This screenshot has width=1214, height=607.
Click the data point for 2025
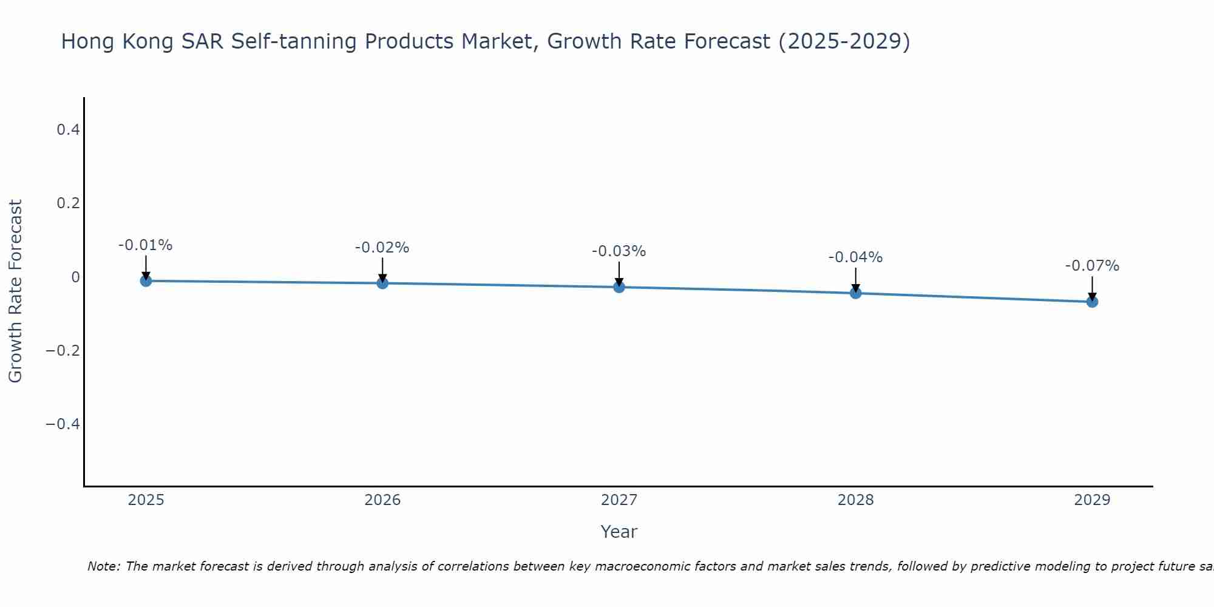tap(146, 280)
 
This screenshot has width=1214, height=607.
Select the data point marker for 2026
tap(382, 283)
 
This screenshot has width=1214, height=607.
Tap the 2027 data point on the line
tap(619, 287)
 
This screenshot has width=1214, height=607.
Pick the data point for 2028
tap(856, 293)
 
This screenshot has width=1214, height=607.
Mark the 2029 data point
tap(1092, 302)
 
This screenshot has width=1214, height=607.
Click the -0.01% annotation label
tap(145, 245)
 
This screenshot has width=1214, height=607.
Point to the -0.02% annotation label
tap(382, 248)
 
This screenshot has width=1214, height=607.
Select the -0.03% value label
tap(619, 251)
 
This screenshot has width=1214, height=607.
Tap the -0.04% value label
tap(855, 257)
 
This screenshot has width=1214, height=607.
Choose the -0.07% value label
tap(1092, 266)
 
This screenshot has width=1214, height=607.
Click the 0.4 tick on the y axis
tap(68, 129)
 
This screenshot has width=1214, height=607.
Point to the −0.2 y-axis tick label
tap(63, 350)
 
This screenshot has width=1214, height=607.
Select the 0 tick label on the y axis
tap(75, 277)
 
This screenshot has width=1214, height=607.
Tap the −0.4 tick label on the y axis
tap(63, 424)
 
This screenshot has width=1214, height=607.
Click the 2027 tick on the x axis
tap(619, 500)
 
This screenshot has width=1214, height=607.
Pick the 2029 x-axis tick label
tap(1092, 500)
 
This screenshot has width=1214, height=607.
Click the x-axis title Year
tap(619, 532)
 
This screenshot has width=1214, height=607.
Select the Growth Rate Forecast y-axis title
tap(15, 291)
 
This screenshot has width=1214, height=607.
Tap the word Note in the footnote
tap(103, 566)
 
